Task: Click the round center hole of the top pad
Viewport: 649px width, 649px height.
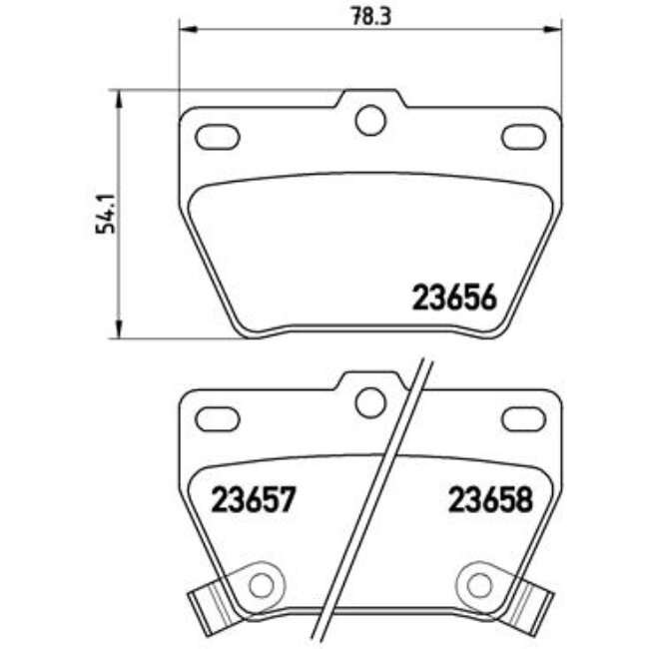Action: tap(370, 120)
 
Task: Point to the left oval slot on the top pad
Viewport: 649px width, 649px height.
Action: tap(218, 136)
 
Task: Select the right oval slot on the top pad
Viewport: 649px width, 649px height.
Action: tap(523, 136)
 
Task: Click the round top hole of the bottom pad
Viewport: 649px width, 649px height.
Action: tap(370, 401)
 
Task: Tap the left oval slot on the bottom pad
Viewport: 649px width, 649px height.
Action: tap(218, 416)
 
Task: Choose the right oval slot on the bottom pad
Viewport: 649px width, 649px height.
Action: tap(523, 416)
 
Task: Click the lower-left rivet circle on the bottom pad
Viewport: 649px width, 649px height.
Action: tap(263, 581)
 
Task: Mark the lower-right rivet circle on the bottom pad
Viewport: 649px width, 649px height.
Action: tap(478, 581)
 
